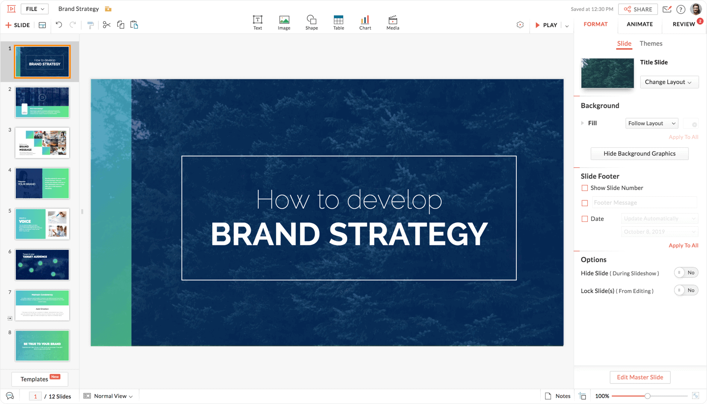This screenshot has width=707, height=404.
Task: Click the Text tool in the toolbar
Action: (x=257, y=23)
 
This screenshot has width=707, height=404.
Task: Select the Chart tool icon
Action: (x=365, y=23)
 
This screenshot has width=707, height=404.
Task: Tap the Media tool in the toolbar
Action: (x=393, y=23)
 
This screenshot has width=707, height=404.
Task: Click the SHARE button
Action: (x=638, y=9)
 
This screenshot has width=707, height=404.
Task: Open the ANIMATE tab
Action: (x=639, y=24)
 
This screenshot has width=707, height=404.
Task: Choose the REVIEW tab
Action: (x=683, y=24)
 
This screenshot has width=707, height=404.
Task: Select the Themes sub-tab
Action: (x=651, y=44)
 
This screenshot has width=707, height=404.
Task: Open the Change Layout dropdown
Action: (x=669, y=82)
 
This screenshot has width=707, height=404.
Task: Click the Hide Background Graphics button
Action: (x=639, y=154)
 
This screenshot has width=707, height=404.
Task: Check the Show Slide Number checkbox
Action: (x=584, y=188)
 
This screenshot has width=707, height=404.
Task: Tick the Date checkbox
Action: (x=584, y=219)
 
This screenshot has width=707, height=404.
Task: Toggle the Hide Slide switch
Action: (x=686, y=273)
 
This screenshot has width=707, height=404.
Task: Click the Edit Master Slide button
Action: (x=640, y=377)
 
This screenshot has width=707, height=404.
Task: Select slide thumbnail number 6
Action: (x=42, y=265)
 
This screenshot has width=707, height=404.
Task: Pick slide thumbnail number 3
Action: (x=42, y=143)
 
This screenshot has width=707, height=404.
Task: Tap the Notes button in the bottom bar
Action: (x=557, y=396)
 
